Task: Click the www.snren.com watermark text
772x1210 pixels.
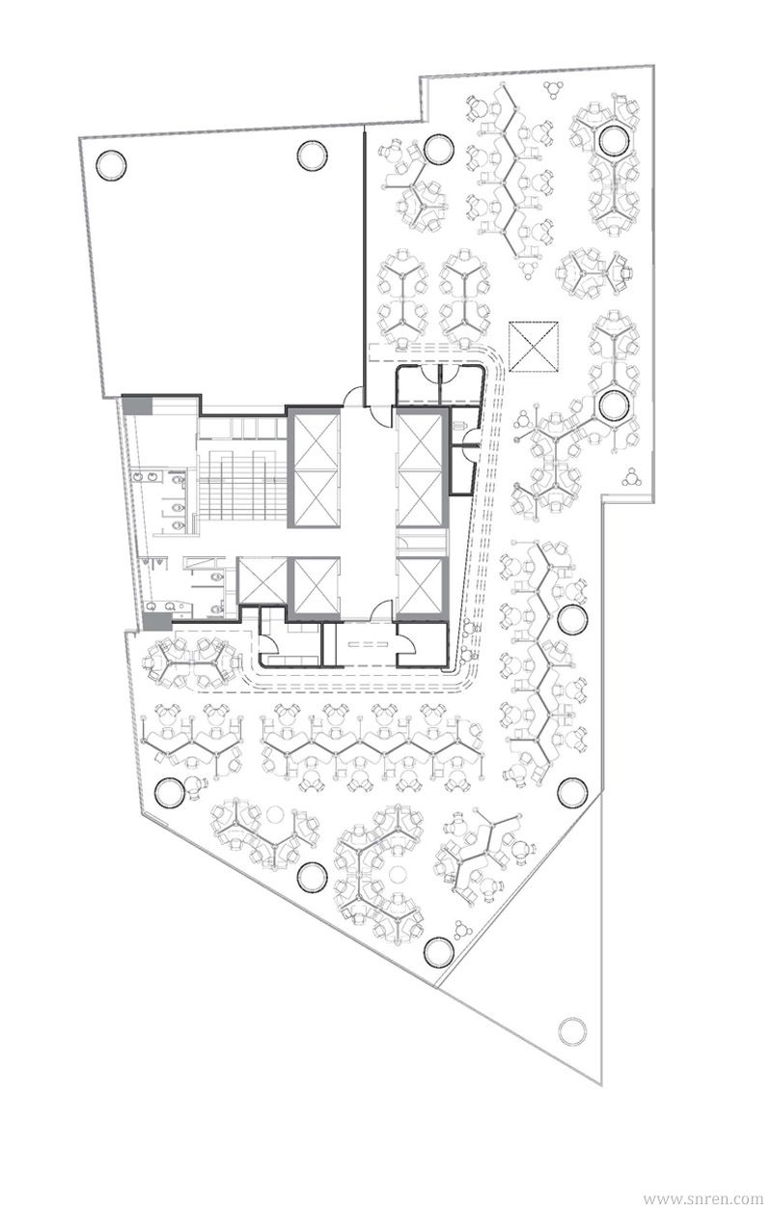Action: [703, 1198]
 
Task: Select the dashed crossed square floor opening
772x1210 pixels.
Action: [533, 346]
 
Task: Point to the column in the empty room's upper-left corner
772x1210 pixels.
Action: [111, 164]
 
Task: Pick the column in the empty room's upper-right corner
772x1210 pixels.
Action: [312, 155]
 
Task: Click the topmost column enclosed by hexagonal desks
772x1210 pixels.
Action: [614, 141]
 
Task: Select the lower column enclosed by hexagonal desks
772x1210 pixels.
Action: [613, 406]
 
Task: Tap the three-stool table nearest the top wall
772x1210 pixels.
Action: [553, 89]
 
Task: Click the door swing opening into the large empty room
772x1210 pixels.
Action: [353, 396]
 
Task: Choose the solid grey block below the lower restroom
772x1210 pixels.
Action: [157, 621]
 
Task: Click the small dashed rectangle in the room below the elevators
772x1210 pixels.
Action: [368, 643]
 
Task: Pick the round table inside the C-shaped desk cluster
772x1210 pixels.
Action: [399, 873]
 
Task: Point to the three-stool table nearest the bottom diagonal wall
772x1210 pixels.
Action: [462, 928]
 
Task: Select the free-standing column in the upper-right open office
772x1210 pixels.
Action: [439, 149]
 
